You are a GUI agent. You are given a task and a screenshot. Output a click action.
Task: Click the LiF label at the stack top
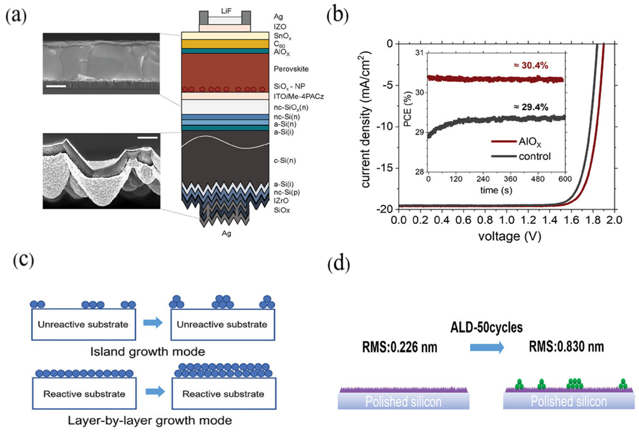(226, 11)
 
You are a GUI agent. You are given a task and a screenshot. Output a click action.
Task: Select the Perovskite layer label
(291, 69)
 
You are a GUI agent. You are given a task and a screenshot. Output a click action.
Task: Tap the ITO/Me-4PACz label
(299, 97)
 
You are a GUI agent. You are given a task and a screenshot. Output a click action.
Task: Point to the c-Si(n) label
(285, 160)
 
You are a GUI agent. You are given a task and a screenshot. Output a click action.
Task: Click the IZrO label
(281, 201)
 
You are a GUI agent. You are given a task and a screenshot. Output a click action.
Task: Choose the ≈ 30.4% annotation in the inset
(531, 66)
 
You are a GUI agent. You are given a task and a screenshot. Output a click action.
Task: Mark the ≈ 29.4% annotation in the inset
(531, 107)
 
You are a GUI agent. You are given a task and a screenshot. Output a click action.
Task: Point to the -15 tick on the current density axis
(384, 168)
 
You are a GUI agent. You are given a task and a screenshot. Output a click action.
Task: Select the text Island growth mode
(148, 352)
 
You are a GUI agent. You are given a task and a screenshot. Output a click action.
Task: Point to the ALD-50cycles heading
(486, 328)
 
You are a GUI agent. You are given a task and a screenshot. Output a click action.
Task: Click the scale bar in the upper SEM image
(56, 86)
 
